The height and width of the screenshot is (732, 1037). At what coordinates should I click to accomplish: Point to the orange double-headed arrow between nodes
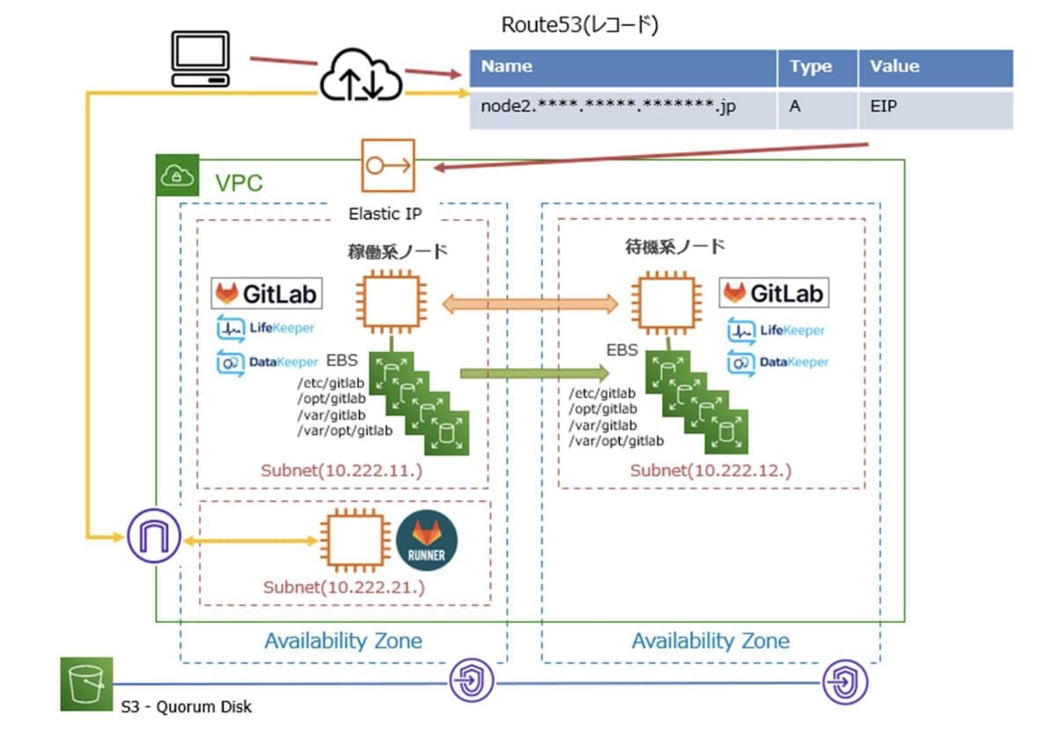[531, 304]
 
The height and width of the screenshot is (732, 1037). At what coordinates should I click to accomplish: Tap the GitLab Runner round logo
[427, 541]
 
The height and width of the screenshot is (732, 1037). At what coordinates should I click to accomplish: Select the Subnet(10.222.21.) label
[344, 587]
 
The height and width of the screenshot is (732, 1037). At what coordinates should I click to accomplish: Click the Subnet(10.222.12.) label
[710, 471]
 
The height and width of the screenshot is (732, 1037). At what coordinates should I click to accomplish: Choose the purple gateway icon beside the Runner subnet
[153, 534]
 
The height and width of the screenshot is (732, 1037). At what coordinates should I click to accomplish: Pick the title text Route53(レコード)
[580, 25]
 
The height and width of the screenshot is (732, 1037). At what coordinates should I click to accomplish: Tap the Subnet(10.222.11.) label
[342, 471]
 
